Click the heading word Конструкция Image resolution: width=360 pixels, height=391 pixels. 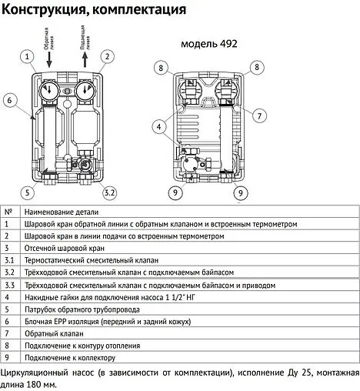47,11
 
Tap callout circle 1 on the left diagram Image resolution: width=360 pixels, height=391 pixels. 28,57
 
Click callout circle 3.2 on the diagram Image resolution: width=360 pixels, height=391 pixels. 108,192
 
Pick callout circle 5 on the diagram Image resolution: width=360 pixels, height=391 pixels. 28,192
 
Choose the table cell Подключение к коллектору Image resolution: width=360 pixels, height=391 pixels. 69,358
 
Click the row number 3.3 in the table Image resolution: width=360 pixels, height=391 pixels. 10,286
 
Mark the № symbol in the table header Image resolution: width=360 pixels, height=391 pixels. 8,212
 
